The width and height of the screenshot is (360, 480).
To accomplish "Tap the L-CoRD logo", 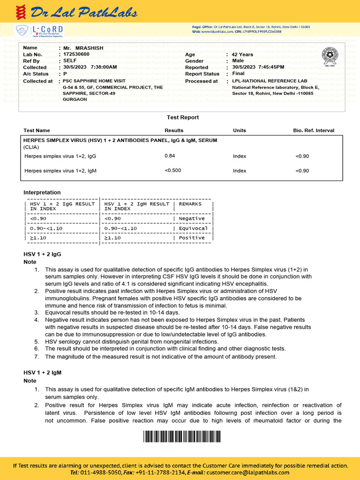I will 40,31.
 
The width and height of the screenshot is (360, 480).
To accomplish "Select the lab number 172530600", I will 76,54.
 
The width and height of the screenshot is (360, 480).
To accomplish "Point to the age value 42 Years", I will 242,54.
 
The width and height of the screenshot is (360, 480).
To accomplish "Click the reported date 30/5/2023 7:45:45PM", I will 258,67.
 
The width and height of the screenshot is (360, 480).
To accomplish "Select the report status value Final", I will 238,74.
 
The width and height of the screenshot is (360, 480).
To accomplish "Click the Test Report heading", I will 183,117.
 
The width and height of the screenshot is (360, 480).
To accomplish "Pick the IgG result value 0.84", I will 170,156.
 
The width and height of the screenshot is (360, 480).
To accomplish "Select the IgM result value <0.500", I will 173,170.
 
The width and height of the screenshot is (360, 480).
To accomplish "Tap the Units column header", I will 239,130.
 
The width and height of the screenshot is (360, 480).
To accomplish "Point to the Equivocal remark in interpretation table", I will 193,228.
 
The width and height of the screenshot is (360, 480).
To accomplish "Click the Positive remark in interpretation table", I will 192,238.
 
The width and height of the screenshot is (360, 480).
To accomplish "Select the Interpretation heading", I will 42,192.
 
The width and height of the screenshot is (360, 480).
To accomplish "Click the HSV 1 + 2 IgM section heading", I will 43,372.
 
